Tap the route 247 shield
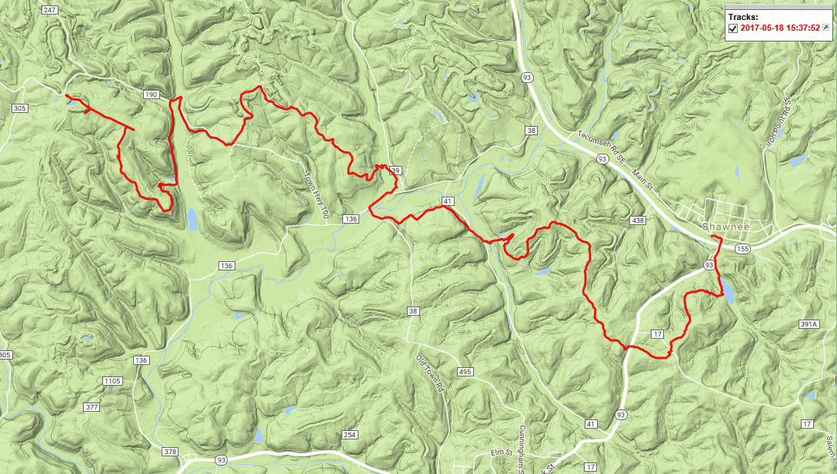(51, 10)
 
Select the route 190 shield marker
(151, 94)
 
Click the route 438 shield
(636, 220)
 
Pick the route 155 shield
(742, 249)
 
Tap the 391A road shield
(807, 325)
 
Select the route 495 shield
(464, 372)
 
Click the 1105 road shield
(112, 381)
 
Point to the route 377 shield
(92, 407)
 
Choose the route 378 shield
(170, 452)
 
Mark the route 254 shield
(350, 436)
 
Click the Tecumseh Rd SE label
(596, 144)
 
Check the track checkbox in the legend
(733, 28)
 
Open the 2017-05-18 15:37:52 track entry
(779, 28)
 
